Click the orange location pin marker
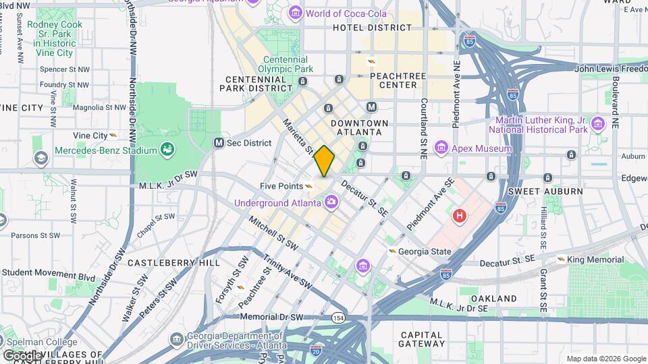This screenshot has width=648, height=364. click(324, 161)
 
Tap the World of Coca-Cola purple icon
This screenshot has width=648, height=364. click(296, 13)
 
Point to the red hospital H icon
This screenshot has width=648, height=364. click(460, 216)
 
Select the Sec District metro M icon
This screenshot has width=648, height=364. click(219, 143)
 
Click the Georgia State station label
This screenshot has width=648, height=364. click(424, 251)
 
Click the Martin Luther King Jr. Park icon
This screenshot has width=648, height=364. click(597, 124)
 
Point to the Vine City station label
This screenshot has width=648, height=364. click(90, 135)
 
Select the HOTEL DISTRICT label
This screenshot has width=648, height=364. click(372, 28)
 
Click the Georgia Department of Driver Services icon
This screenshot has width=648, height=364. click(176, 338)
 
